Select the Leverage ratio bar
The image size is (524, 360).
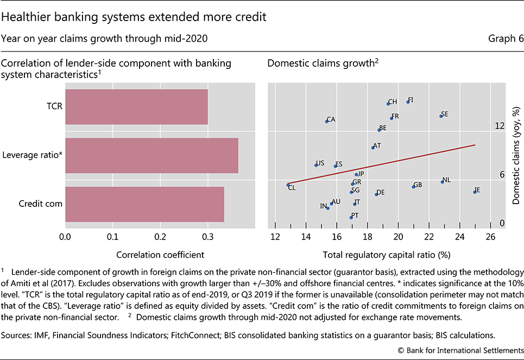coord(151,155)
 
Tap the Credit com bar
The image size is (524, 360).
coord(144,204)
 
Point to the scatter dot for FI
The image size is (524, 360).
coord(408,102)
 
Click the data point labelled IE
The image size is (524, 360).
coord(475,192)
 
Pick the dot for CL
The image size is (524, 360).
coord(288,185)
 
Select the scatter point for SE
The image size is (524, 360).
coord(441,116)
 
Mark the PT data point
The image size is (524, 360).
coord(351,217)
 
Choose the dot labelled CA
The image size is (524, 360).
coord(326,121)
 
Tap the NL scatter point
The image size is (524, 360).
coord(442,182)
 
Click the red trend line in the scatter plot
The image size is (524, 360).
coord(380,165)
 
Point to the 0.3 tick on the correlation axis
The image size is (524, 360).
coord(208,237)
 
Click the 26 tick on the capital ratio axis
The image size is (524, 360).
coord(490,237)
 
